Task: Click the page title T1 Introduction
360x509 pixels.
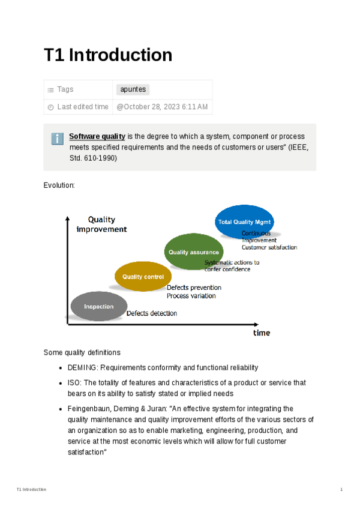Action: click(108, 55)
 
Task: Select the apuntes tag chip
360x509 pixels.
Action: click(132, 89)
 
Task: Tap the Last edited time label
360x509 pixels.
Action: click(83, 107)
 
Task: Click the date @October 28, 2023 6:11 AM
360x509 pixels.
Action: click(162, 107)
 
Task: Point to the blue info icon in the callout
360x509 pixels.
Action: click(58, 139)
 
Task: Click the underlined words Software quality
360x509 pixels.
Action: click(97, 136)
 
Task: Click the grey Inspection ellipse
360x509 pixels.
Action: click(98, 307)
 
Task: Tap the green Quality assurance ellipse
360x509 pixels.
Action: click(193, 252)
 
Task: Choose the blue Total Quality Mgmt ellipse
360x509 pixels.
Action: click(244, 221)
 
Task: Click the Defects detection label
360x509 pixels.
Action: click(152, 313)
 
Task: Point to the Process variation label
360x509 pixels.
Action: click(191, 296)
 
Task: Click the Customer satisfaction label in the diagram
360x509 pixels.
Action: click(269, 247)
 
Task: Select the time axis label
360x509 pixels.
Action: click(261, 333)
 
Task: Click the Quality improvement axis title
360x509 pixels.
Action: click(102, 224)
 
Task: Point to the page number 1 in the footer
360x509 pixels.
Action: click(341, 490)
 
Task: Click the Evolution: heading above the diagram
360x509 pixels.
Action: click(59, 185)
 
